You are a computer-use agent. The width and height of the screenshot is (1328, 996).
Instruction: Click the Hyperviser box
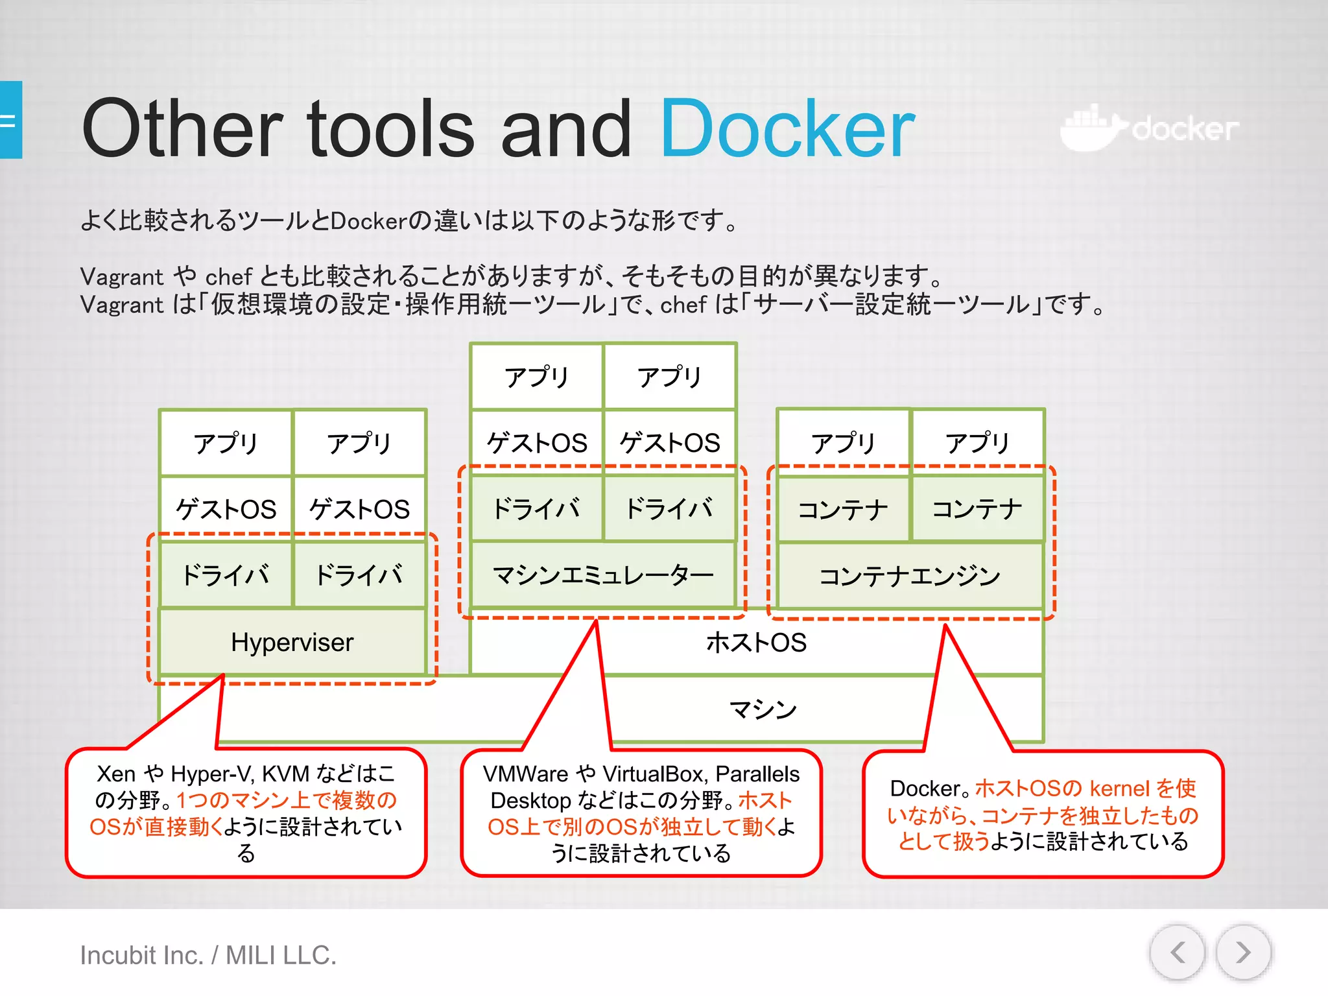click(292, 642)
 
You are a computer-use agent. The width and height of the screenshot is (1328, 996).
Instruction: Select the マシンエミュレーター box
click(602, 575)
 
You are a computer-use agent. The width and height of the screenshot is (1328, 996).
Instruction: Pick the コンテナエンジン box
click(909, 576)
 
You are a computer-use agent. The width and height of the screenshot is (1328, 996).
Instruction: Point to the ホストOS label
click(756, 643)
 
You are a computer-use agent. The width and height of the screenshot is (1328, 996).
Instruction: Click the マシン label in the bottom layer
click(763, 709)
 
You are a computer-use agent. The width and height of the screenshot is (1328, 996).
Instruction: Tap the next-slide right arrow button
click(1242, 953)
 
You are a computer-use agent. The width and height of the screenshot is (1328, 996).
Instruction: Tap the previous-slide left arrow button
click(1178, 953)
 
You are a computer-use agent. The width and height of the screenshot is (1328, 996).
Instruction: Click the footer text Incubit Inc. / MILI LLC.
click(208, 955)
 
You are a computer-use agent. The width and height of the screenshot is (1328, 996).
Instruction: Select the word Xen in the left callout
click(116, 774)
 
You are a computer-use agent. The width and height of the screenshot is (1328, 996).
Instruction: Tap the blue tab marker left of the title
click(10, 120)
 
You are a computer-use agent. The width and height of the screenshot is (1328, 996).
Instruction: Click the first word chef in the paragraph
click(228, 277)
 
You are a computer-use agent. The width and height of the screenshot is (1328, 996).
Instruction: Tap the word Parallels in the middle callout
click(757, 774)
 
